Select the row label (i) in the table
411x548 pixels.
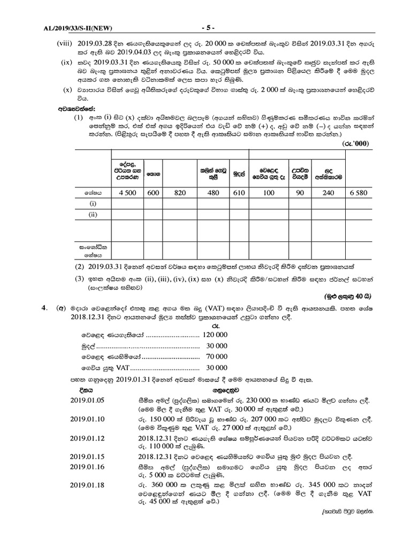coord(93,204)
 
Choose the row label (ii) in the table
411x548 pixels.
coord(93,214)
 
